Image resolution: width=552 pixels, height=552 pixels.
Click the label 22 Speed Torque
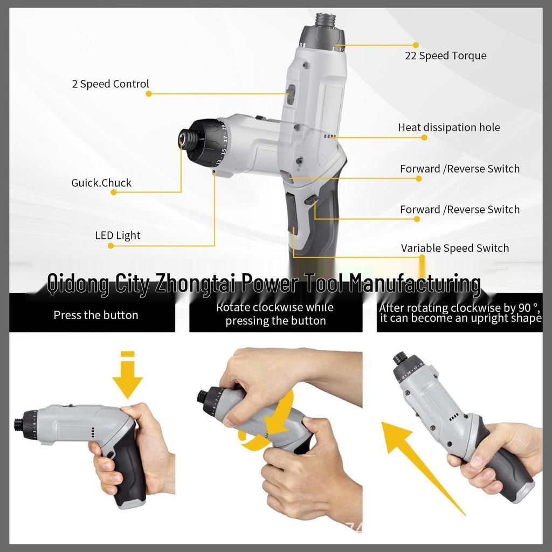click(445, 56)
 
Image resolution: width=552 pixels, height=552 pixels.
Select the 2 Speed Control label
click(110, 84)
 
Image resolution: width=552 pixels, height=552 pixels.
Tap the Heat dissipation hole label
click(448, 128)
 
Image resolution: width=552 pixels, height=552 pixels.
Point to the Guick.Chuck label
click(101, 183)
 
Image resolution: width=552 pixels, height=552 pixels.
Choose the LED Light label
click(118, 236)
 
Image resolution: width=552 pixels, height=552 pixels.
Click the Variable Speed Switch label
click(454, 249)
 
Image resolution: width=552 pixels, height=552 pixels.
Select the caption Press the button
click(96, 315)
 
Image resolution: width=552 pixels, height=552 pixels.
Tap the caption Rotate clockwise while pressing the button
click(275, 314)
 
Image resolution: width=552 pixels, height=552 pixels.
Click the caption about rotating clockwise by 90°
click(460, 313)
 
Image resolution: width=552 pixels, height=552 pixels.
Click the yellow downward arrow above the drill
click(127, 376)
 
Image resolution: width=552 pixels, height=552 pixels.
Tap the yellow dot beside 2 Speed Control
click(149, 94)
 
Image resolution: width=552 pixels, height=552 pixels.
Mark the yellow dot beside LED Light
click(111, 246)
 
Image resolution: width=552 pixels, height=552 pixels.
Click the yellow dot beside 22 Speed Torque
click(416, 45)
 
